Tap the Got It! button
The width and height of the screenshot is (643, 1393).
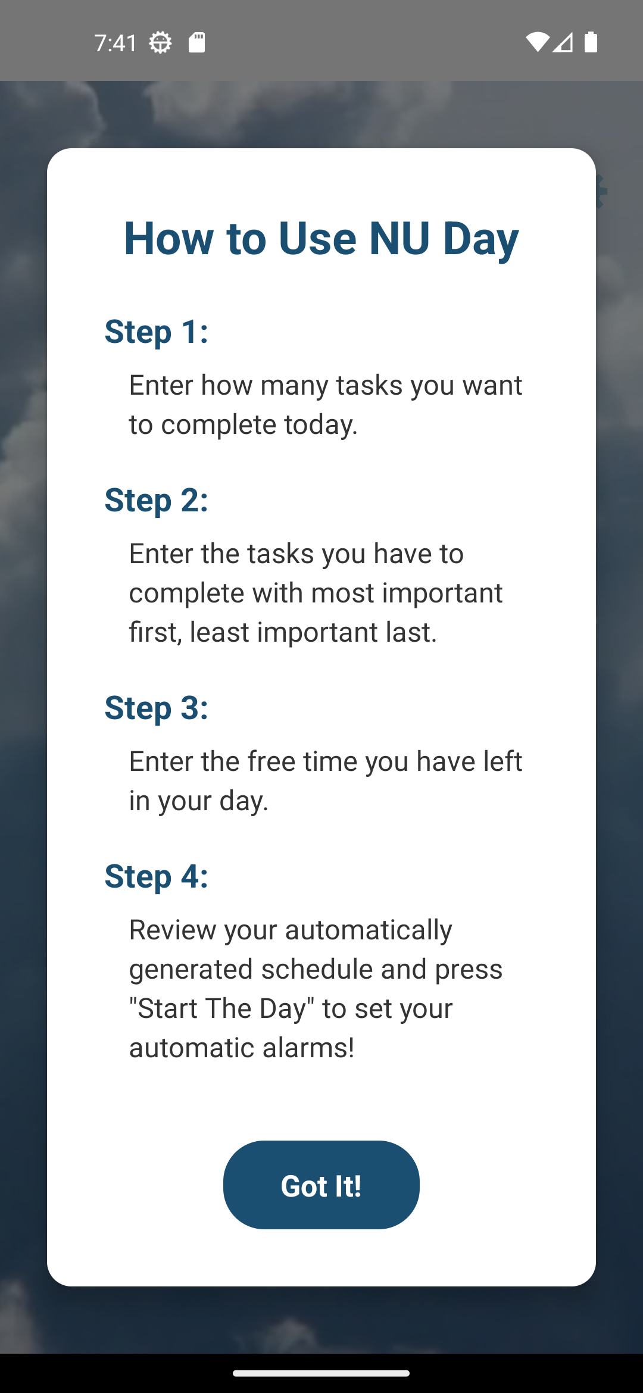pos(321,1185)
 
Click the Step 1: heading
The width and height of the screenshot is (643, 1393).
pos(156,331)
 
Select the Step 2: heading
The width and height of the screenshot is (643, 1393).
pos(156,499)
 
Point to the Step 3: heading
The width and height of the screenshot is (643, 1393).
pos(156,707)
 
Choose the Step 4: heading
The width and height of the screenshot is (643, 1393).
pos(156,876)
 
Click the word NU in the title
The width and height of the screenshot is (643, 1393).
pos(399,238)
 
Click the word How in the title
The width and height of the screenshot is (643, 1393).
pos(168,238)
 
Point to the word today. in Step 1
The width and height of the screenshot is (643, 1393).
pos(320,424)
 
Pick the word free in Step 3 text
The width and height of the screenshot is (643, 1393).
pos(271,761)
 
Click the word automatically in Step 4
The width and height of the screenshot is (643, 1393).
pos(369,930)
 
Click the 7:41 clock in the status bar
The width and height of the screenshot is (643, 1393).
pos(116,43)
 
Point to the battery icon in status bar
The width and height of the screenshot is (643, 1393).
pos(591,42)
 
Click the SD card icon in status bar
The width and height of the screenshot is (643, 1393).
pos(196,43)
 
